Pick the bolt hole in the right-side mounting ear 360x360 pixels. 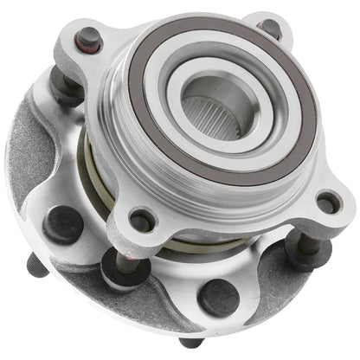click(327, 204)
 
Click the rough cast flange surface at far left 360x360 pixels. click(35, 173)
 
